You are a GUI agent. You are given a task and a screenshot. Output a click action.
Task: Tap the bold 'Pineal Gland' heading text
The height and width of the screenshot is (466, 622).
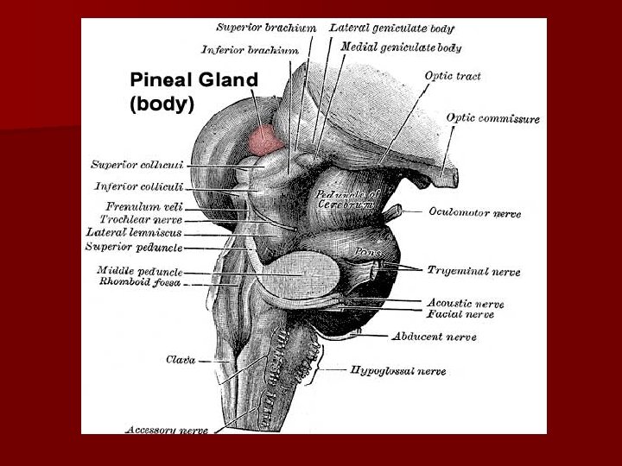pyautogui.click(x=194, y=80)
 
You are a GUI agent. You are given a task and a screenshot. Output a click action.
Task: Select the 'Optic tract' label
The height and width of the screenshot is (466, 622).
pyautogui.click(x=453, y=76)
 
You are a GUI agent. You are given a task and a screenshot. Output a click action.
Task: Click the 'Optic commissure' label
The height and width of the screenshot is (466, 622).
pyautogui.click(x=492, y=118)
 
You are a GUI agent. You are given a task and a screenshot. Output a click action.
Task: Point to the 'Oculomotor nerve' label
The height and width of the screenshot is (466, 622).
pyautogui.click(x=474, y=212)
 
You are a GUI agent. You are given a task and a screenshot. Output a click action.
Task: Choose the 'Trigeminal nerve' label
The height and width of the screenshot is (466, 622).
pyautogui.click(x=473, y=271)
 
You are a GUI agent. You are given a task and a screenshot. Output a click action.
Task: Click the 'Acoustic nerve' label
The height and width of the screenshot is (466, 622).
pyautogui.click(x=466, y=303)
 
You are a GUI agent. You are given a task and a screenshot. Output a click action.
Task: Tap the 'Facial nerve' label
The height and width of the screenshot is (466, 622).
pyautogui.click(x=460, y=314)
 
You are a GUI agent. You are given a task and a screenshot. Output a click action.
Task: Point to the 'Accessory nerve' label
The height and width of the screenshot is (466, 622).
pyautogui.click(x=167, y=429)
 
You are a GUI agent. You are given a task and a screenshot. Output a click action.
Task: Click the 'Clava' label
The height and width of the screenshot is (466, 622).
pyautogui.click(x=181, y=359)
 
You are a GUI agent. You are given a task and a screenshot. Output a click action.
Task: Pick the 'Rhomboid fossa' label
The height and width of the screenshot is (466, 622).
pyautogui.click(x=139, y=281)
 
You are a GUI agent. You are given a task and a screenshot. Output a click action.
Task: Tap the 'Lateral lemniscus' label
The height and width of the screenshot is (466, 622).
pyautogui.click(x=134, y=232)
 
